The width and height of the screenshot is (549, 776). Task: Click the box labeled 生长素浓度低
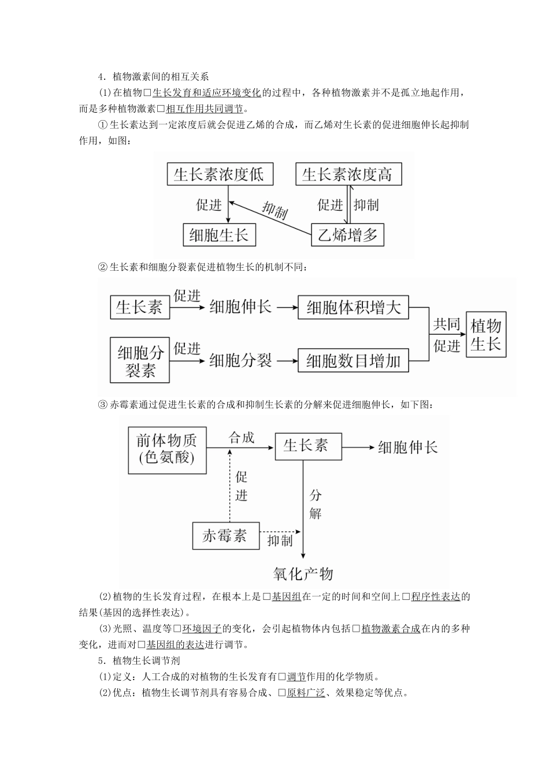pyautogui.click(x=219, y=174)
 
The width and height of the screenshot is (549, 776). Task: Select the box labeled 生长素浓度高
pyautogui.click(x=348, y=174)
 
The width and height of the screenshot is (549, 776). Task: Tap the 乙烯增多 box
pyautogui.click(x=347, y=235)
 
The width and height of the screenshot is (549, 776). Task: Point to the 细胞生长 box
pyautogui.click(x=219, y=235)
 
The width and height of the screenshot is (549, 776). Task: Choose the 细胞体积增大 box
pyautogui.click(x=353, y=307)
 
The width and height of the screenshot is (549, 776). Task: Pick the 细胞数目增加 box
pyautogui.click(x=353, y=361)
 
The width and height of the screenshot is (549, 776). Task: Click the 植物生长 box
pyautogui.click(x=485, y=335)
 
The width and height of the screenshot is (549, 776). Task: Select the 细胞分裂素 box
pyautogui.click(x=140, y=361)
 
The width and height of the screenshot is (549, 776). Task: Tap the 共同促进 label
pyautogui.click(x=447, y=335)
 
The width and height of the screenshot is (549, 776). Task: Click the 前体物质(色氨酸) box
pyautogui.click(x=167, y=449)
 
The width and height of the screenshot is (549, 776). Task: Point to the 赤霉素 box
pyautogui.click(x=225, y=536)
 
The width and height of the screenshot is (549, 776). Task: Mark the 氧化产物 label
pyautogui.click(x=303, y=573)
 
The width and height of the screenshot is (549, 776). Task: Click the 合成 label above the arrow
pyautogui.click(x=241, y=437)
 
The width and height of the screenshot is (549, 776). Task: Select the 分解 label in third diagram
pyautogui.click(x=316, y=504)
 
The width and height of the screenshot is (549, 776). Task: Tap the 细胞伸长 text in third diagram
pyautogui.click(x=408, y=447)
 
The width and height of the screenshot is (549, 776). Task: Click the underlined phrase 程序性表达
pyautogui.click(x=435, y=597)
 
